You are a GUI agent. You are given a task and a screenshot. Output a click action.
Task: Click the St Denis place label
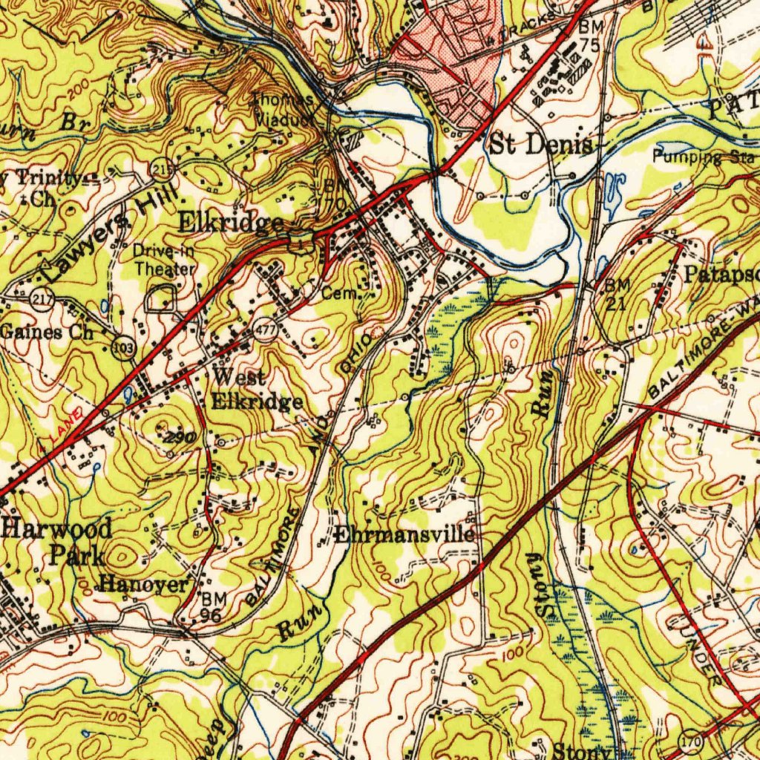(x=540, y=144)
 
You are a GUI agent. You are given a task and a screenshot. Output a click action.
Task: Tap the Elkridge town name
(x=230, y=223)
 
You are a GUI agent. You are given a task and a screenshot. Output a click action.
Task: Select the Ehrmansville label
(x=404, y=534)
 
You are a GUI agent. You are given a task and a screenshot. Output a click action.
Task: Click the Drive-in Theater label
(x=164, y=260)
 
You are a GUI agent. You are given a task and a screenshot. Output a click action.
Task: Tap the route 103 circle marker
(x=123, y=347)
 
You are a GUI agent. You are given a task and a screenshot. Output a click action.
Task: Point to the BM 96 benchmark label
(x=210, y=606)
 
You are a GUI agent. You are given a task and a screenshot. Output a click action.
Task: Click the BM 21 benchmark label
(x=617, y=294)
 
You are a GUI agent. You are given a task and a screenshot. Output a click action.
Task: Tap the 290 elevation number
(x=180, y=439)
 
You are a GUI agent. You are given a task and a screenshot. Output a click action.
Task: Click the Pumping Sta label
(x=703, y=157)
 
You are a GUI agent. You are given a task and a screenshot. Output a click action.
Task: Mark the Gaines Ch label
(x=47, y=332)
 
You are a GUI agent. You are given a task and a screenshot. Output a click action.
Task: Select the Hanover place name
(x=144, y=584)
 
